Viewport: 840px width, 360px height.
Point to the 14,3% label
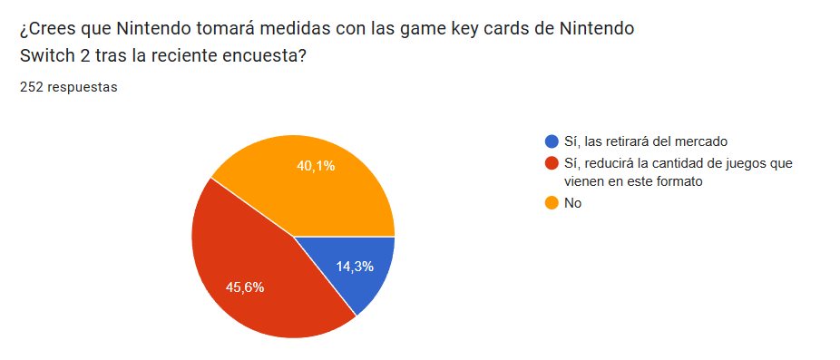355,266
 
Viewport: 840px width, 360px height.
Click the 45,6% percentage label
245,287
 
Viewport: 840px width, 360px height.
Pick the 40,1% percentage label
316,166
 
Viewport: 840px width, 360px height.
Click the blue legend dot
551,142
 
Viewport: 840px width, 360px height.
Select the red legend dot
551,162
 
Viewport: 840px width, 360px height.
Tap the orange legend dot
551,203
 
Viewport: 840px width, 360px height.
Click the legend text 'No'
572,203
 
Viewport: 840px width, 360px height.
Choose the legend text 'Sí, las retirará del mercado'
646,142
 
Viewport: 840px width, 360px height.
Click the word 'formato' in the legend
680,182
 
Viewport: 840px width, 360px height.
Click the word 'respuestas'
82,88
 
